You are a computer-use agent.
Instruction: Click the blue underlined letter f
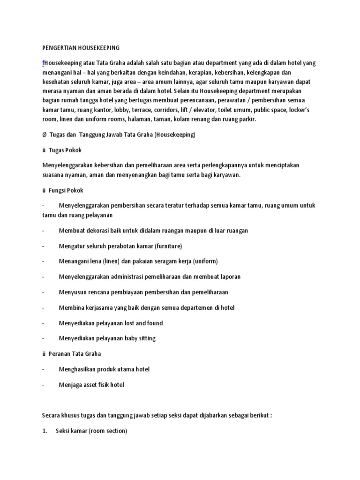pos(43,63)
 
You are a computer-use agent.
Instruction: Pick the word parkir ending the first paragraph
pos(247,120)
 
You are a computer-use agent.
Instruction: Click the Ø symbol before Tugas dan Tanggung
pos(44,135)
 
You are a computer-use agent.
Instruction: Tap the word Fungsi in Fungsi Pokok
pos(58,191)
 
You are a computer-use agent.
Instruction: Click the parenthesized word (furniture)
pos(167,246)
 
